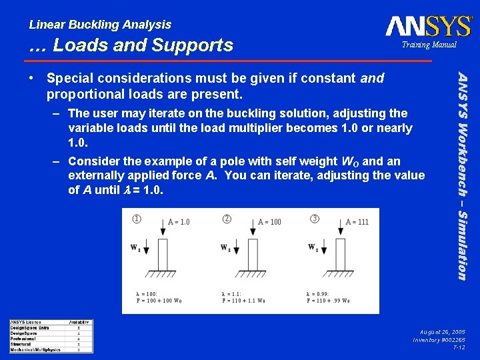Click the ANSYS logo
click(x=428, y=26)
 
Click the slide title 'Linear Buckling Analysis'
click(x=100, y=25)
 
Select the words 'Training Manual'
click(x=428, y=45)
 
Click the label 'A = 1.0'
click(x=178, y=222)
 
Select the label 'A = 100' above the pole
click(x=269, y=222)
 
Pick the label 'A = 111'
click(x=357, y=222)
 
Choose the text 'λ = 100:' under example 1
click(x=147, y=293)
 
